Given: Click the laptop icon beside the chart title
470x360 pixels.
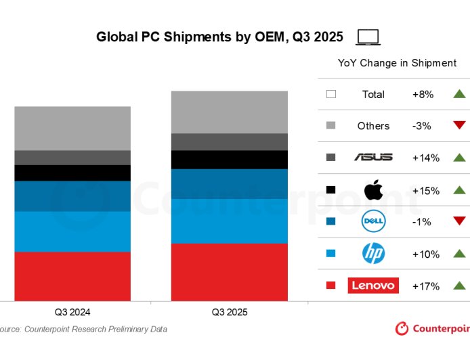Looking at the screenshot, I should [x=368, y=37].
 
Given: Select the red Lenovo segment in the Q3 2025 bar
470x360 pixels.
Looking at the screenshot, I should [x=229, y=272].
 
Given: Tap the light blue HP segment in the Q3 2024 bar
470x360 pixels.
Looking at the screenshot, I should [x=72, y=231].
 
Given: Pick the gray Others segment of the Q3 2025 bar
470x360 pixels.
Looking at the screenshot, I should [x=229, y=112].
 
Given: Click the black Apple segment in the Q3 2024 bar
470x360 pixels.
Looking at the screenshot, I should [x=72, y=173].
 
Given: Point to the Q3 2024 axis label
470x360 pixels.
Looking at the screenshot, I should [x=72, y=313].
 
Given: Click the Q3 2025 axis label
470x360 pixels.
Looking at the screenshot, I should [x=229, y=313].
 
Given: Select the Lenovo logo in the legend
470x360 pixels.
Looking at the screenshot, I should [x=373, y=286].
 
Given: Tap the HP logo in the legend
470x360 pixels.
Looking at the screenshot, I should [x=373, y=254].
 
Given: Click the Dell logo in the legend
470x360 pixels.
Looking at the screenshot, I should [x=373, y=221].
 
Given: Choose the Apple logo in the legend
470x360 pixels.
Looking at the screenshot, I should [x=373, y=189].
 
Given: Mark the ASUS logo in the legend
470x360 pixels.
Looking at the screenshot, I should [x=373, y=158].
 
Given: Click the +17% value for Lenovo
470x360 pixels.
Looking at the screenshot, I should [x=425, y=286].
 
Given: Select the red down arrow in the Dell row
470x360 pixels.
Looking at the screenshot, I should [x=460, y=221].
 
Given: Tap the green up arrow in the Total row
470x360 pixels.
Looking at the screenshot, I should [x=460, y=94].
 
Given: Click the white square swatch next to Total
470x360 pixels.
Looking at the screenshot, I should [x=331, y=95].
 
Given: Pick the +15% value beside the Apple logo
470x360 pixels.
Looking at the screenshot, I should [x=425, y=190].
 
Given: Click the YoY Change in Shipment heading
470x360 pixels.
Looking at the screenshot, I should [x=397, y=63].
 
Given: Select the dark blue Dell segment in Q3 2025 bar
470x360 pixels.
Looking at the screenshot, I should [x=229, y=183].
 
